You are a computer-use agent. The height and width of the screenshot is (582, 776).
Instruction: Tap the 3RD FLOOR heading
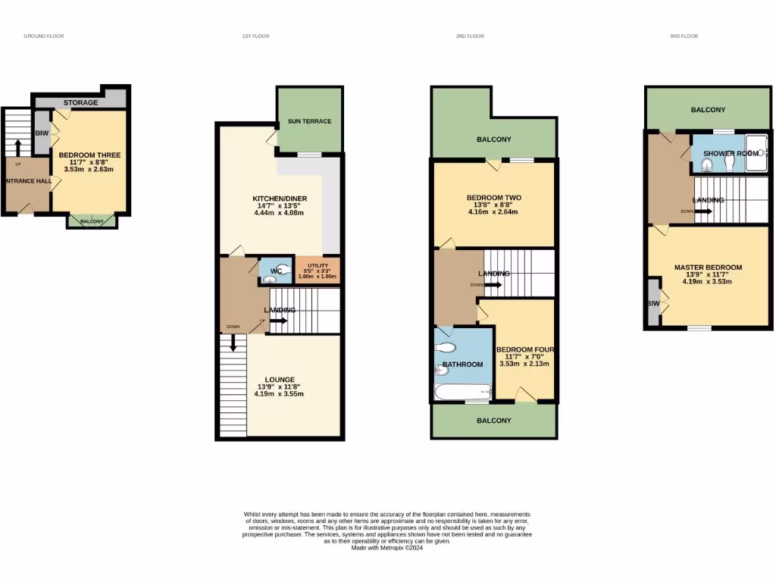coord(684,36)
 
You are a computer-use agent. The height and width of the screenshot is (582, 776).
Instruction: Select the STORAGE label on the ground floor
coord(80,102)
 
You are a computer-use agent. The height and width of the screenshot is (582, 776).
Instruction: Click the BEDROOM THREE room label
coord(89,155)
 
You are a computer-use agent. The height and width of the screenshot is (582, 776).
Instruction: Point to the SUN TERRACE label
coord(308,121)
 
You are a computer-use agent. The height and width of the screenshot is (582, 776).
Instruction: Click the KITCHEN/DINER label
coord(280,199)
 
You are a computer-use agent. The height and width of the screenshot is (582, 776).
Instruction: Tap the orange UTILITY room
coord(318,270)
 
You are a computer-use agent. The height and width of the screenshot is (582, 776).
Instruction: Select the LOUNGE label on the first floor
coord(279,380)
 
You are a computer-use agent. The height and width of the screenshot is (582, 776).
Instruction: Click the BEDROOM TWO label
coord(493,198)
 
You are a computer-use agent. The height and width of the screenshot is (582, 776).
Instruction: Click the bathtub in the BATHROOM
coord(463,392)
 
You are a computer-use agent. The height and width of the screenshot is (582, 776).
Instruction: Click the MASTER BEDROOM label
coord(708,268)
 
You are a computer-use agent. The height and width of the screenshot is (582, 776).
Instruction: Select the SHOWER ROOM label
coord(730,153)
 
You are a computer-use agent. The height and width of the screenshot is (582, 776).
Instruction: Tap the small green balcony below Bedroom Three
coord(91,221)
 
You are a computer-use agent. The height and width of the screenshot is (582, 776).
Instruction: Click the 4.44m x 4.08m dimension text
coord(279,213)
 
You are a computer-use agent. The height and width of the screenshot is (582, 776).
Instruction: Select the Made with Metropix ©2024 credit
coord(387,548)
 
